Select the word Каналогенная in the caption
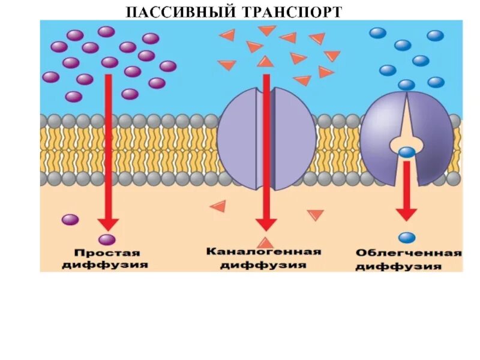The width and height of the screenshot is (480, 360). coord(264,251)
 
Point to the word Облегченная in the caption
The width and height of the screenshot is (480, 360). coord(408,253)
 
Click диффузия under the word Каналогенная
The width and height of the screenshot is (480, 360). coord(264,265)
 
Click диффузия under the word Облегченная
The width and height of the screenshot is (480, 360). coord(408,266)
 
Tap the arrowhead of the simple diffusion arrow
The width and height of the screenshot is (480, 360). coord(109,224)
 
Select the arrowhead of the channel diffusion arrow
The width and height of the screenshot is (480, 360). coord(265,224)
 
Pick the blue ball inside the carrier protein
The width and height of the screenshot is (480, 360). coord(407,152)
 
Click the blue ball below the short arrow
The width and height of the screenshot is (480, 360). coord(407,238)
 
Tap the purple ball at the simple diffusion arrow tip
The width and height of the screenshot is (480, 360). coord(107,240)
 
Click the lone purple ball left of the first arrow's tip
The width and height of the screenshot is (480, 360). coord(70,220)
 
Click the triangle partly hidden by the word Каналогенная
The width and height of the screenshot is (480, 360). coord(265,242)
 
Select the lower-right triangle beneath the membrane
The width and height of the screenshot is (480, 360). coord(315,214)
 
